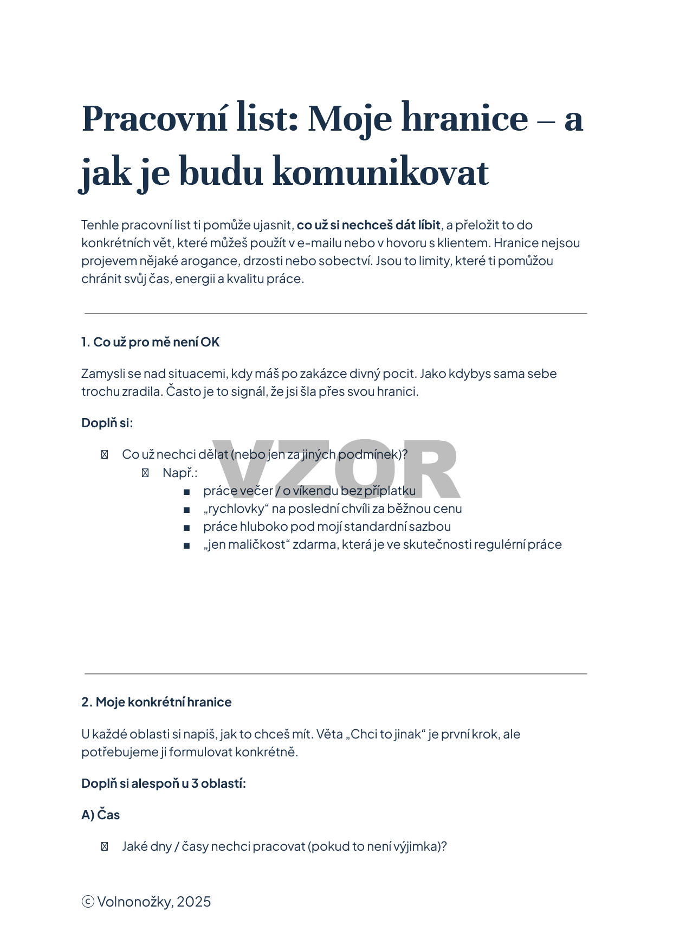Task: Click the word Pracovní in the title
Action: point(154,119)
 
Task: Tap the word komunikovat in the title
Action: point(380,172)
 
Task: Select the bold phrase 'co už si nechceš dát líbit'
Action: point(368,225)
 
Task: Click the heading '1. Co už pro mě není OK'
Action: point(150,342)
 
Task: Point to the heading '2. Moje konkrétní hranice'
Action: point(156,702)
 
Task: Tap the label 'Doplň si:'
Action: point(107,423)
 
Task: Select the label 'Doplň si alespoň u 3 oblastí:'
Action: point(163,783)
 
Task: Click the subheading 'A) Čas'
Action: point(100,815)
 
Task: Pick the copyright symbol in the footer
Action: point(87,902)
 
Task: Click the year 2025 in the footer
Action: point(193,902)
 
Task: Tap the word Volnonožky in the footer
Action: point(135,902)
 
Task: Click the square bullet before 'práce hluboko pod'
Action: point(186,527)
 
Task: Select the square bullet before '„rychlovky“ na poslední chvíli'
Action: point(186,509)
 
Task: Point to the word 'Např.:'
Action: point(180,473)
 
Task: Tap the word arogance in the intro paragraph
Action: point(210,261)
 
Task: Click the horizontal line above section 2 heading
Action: point(336,673)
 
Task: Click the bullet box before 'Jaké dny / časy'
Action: point(105,846)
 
